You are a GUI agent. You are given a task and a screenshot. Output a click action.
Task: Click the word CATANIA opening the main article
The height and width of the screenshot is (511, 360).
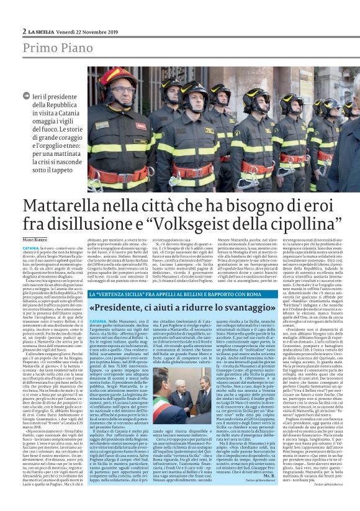(31, 248)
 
